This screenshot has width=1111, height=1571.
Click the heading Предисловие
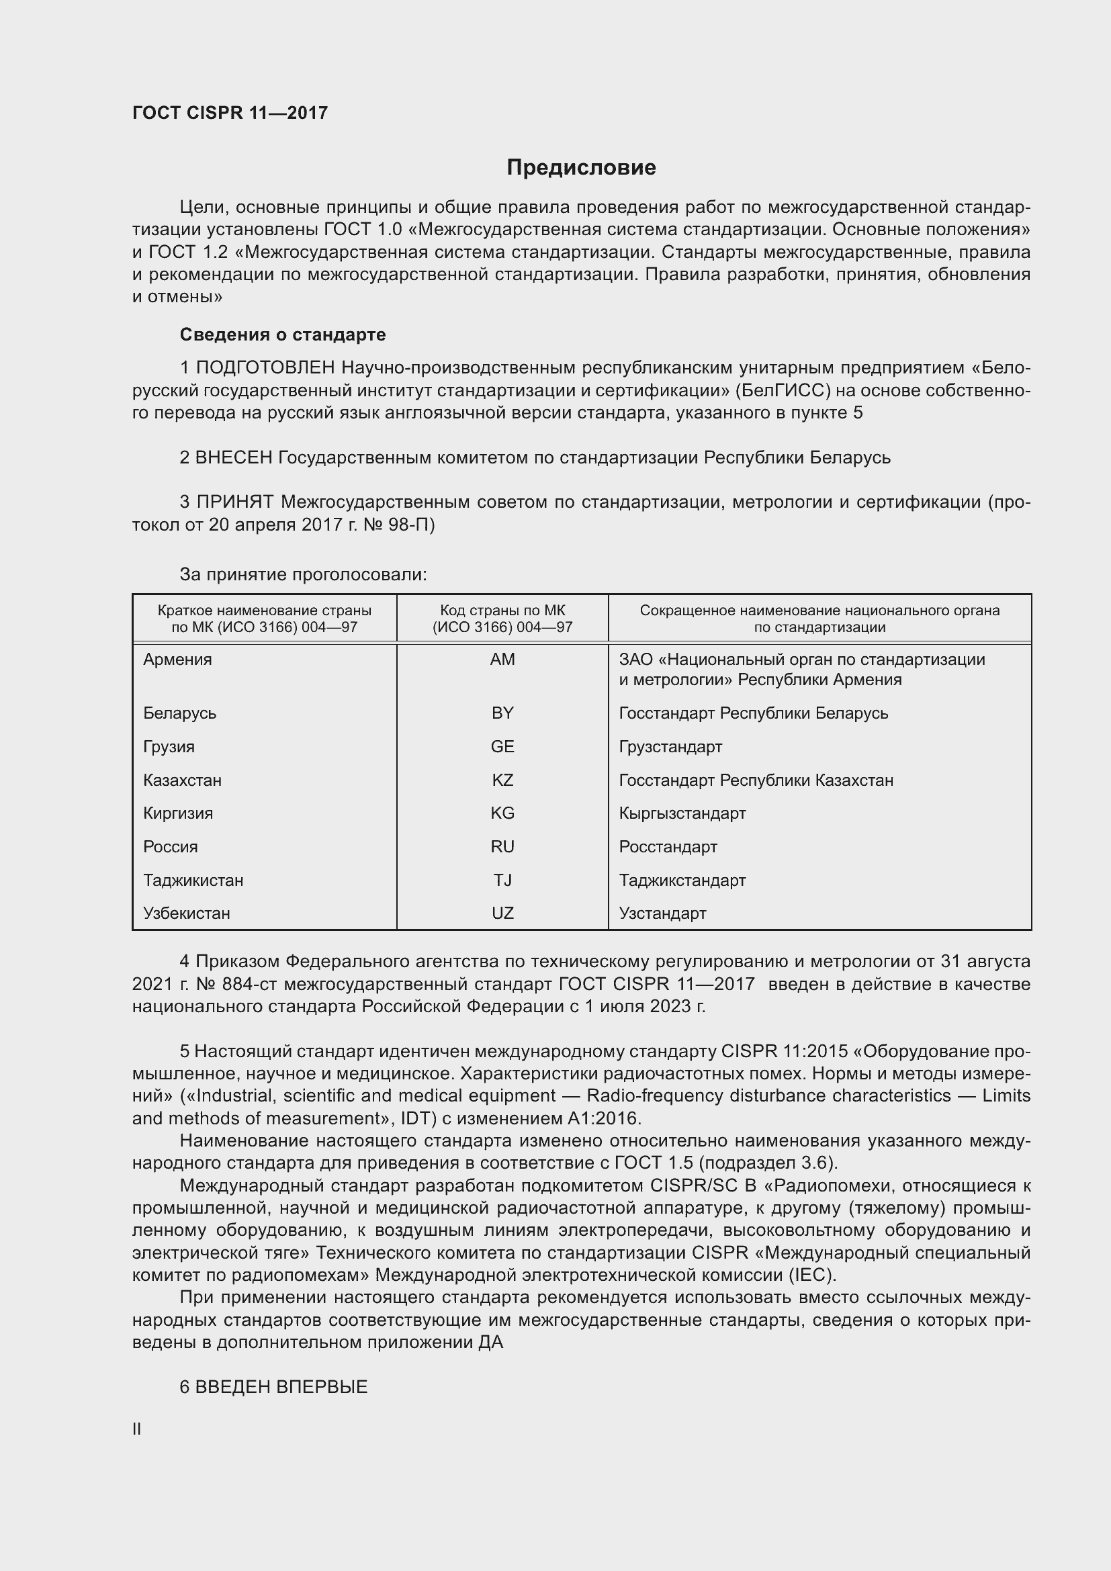pos(581,168)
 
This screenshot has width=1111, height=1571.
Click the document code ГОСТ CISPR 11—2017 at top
pos(230,113)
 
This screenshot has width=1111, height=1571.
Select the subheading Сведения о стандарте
pos(283,334)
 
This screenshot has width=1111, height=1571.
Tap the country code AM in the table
pos(502,660)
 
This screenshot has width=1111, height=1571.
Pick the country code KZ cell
pos(502,780)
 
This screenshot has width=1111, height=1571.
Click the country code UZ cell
pos(502,913)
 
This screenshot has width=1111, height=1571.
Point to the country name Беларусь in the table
pos(180,713)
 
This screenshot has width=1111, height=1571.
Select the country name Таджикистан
pos(193,880)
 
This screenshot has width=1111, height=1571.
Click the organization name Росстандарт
pos(668,846)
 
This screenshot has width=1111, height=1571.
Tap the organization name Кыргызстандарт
pos(682,813)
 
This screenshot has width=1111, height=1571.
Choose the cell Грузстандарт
pos(670,746)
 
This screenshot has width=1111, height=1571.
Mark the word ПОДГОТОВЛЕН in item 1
pos(265,368)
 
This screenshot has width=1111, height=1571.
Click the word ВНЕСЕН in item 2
pos(233,457)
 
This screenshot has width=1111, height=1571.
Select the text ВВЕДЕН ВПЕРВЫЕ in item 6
pos(281,1387)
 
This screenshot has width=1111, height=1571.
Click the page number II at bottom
pos(137,1429)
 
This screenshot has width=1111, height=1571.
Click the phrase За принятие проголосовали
pos(303,575)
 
